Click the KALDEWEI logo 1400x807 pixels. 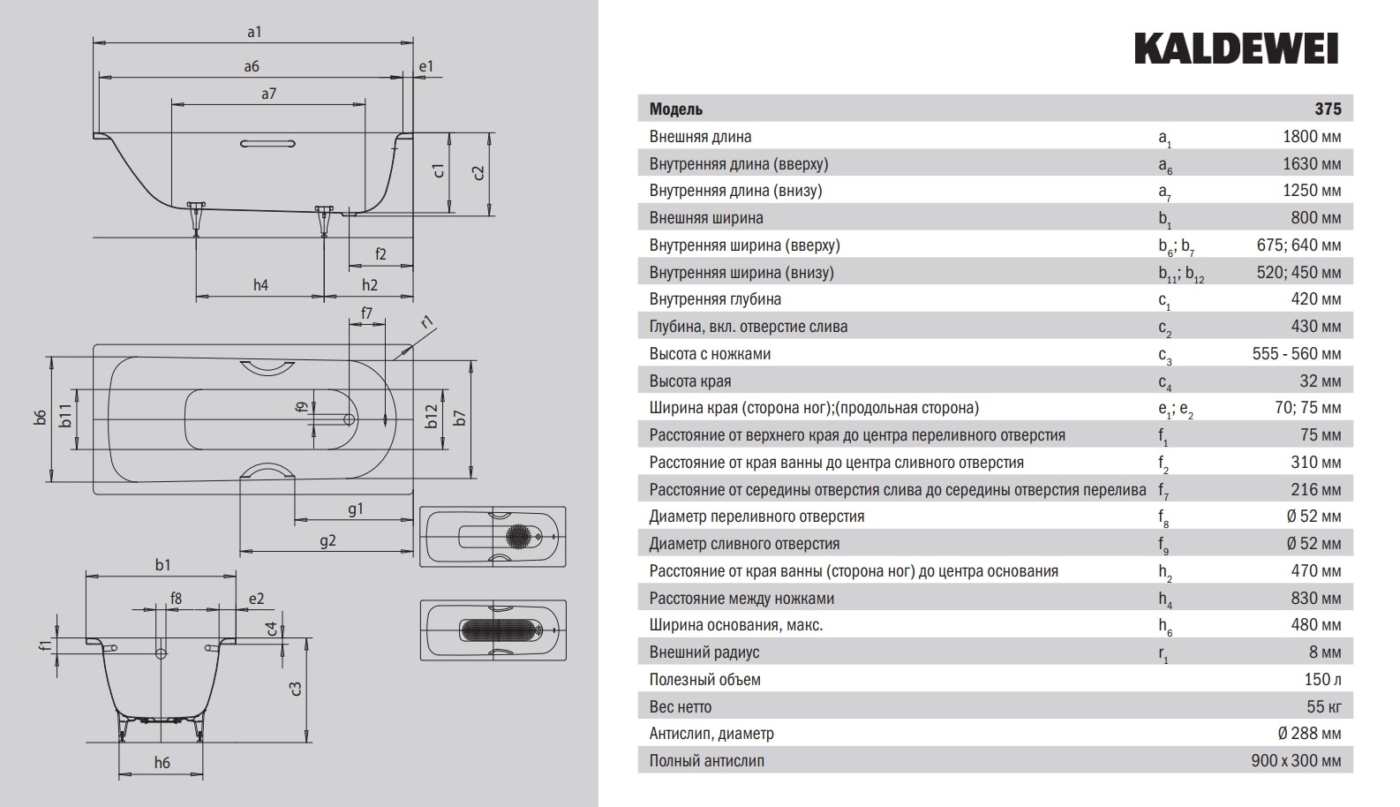pos(1236,49)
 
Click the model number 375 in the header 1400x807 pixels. pos(1327,109)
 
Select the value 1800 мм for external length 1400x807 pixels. pos(1311,137)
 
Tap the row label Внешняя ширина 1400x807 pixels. pos(706,218)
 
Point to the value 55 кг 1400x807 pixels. pos(1323,707)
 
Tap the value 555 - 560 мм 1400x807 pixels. pos(1296,354)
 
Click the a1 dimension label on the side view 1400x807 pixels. pos(254,32)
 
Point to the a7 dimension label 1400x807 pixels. pos(268,93)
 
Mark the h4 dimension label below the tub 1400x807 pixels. pos(260,284)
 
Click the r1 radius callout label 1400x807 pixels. pos(427,322)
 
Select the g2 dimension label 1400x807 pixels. pos(327,540)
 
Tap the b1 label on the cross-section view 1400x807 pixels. pos(162,565)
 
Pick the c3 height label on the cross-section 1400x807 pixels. pos(297,689)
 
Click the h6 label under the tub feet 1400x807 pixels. pos(162,763)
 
